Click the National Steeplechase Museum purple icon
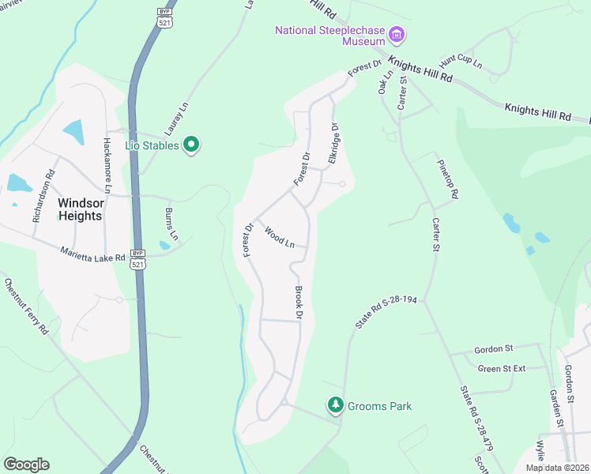pos(397,34)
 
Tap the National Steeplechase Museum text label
pos(329,31)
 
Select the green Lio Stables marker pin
pos(190,145)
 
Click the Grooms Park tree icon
pos(336,405)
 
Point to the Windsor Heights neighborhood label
pos(80,209)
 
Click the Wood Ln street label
pos(280,237)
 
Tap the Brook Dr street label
pos(299,303)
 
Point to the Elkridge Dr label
pos(334,143)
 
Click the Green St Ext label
pos(502,368)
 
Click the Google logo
pos(26,465)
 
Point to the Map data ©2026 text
pos(557,468)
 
